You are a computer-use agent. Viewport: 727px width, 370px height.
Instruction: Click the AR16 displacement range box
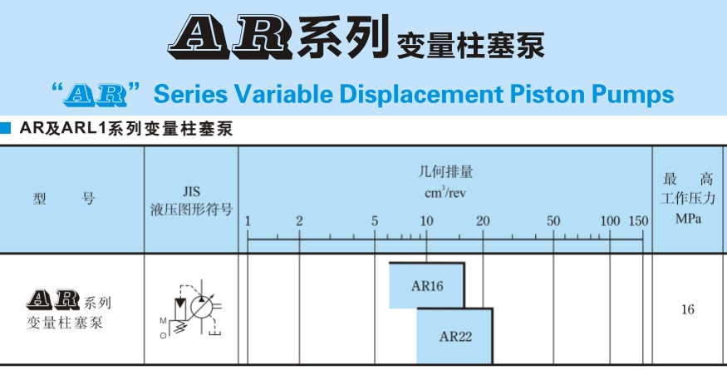coord(427,286)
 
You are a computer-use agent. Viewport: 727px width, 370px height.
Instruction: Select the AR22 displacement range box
coord(454,337)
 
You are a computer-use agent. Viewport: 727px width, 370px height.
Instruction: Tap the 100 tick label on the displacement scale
coord(610,221)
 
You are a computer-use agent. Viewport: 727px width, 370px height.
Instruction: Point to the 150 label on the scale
coord(638,221)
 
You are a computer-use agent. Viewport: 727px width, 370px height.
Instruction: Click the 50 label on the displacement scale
coord(553,221)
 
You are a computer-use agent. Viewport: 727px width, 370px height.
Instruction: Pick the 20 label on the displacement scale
coord(482,221)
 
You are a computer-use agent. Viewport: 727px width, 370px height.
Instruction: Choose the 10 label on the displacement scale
coord(426,221)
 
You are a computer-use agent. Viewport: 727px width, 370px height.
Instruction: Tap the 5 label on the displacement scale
coord(375,221)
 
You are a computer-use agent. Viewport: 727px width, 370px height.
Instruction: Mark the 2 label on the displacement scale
coord(299,221)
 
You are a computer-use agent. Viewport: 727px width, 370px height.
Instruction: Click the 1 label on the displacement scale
coord(248,222)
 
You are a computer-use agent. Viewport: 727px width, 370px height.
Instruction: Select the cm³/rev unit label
coord(445,194)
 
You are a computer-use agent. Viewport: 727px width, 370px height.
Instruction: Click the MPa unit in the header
coord(687,220)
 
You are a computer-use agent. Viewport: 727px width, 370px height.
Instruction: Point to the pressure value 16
coord(687,310)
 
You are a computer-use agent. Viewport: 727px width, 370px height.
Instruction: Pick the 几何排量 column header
coord(445,174)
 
